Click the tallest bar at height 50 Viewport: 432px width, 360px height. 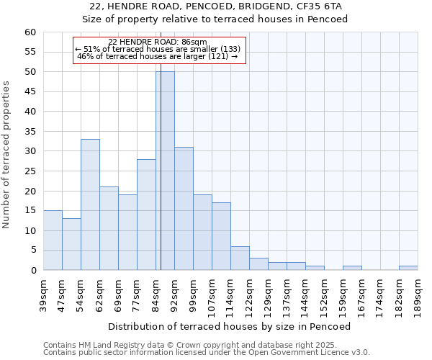[165, 171]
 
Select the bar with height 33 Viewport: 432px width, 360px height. [90, 204]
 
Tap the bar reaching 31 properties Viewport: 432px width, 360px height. [184, 208]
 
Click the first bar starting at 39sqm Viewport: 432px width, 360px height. [53, 240]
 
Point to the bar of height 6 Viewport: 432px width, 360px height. [240, 258]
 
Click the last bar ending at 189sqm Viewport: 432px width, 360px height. [408, 268]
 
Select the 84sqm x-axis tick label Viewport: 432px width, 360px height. [156, 294]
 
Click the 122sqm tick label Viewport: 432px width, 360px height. [249, 295]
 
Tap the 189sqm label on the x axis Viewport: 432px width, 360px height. [418, 295]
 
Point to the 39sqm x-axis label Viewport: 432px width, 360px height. [43, 294]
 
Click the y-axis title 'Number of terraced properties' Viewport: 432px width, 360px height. [7, 154]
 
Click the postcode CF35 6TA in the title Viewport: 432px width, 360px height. [321, 6]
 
